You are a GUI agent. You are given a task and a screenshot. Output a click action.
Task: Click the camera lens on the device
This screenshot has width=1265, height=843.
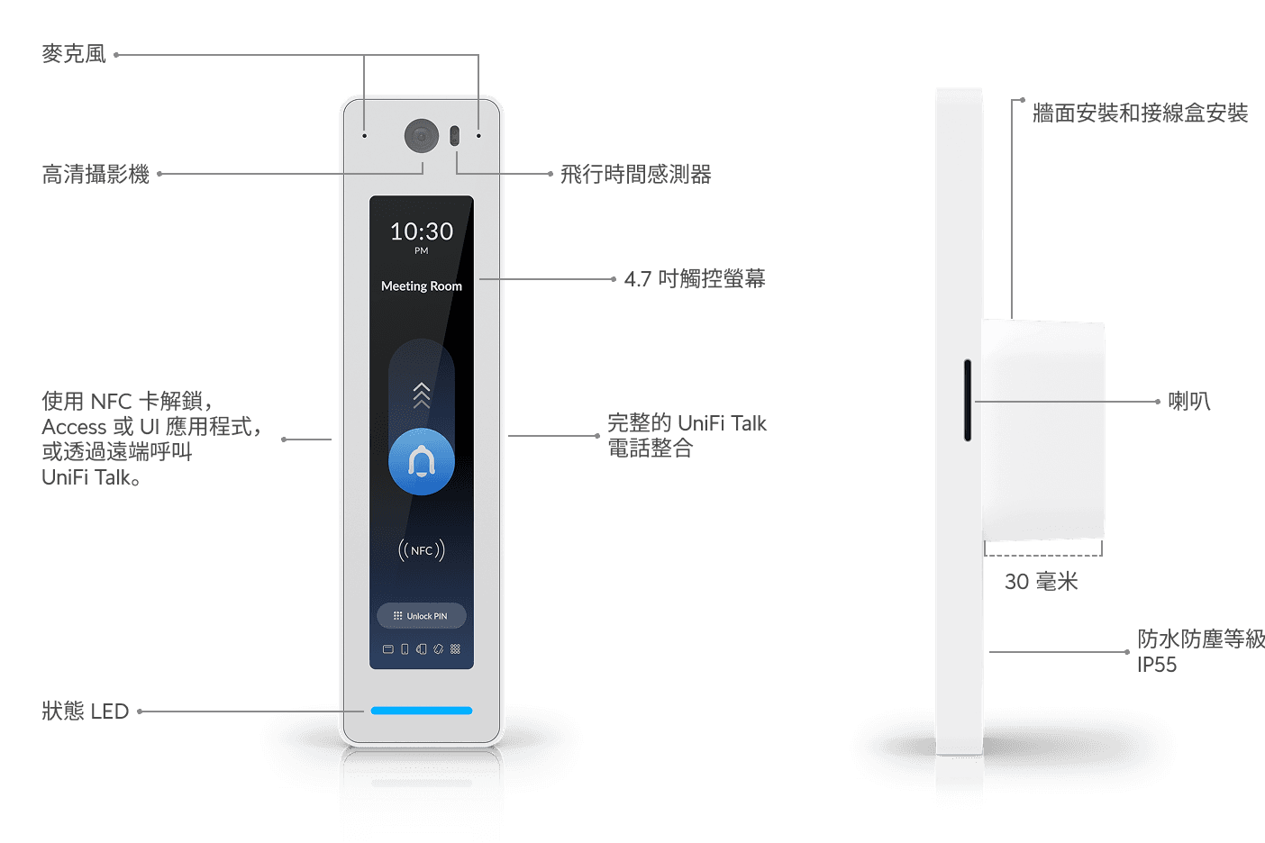coord(421,136)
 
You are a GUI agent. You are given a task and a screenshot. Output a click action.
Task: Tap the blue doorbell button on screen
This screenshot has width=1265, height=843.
coord(422,461)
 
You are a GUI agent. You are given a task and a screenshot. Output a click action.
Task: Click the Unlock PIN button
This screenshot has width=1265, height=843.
coord(422,616)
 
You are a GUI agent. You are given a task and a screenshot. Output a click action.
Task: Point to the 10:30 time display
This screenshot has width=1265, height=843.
coord(422,232)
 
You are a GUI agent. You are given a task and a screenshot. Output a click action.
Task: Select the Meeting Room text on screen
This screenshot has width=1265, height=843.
coord(422,286)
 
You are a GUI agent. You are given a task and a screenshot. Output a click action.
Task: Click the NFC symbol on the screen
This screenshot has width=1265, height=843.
coord(422,550)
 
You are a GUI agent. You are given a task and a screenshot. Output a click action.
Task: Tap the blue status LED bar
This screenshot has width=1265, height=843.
coord(422,711)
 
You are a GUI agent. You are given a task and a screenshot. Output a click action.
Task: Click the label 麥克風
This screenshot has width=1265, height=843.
coord(74,54)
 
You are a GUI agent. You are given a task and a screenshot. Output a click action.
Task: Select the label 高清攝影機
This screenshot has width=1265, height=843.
coord(96,174)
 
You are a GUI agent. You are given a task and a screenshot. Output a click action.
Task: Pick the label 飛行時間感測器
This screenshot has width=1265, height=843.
coord(635,174)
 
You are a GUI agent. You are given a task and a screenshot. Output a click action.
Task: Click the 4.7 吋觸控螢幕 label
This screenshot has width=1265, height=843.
coord(695,279)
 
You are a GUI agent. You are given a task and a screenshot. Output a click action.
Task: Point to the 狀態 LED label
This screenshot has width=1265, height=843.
coord(86,712)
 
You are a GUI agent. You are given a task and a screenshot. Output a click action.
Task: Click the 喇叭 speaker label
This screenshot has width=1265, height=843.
coord(1188,401)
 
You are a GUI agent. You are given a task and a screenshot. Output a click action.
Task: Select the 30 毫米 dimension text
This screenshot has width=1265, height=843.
coord(1042,582)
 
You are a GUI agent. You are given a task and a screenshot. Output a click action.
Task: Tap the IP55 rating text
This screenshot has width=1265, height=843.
coord(1157,665)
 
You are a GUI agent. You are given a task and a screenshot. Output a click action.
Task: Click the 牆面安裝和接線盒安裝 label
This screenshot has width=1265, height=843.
coord(1140,113)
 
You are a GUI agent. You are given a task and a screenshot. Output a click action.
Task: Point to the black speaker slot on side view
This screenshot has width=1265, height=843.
coord(968,400)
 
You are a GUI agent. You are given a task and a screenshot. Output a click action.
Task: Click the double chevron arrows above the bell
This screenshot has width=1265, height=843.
coord(422,394)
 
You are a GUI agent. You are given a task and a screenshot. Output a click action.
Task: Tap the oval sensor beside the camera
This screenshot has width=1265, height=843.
coord(454,136)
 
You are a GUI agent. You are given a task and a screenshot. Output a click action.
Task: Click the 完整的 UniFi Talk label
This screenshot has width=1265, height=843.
coord(687,423)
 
